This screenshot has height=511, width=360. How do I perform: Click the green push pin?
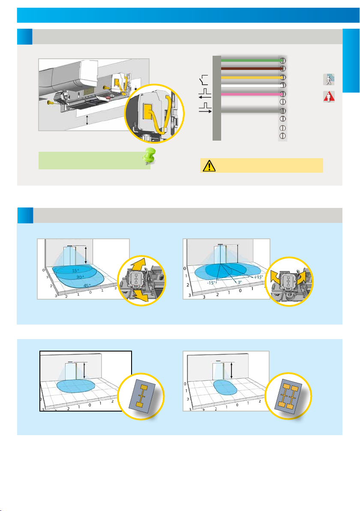(x=149, y=156)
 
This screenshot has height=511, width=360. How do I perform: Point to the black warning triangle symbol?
(x=209, y=165)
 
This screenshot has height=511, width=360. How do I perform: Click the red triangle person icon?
(x=329, y=96)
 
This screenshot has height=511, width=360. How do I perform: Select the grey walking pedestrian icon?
(x=329, y=79)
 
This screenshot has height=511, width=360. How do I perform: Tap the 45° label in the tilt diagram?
(x=87, y=286)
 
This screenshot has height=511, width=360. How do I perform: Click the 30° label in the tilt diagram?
(x=80, y=277)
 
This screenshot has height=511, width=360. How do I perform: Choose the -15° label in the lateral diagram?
(x=211, y=283)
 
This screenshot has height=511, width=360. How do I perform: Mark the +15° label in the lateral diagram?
(x=258, y=277)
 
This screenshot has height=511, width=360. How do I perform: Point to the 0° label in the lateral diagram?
(x=240, y=282)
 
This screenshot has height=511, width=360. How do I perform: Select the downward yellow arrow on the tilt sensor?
(x=140, y=295)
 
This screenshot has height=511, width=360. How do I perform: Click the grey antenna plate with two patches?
(x=142, y=396)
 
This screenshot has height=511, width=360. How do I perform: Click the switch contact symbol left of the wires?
(x=204, y=79)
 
